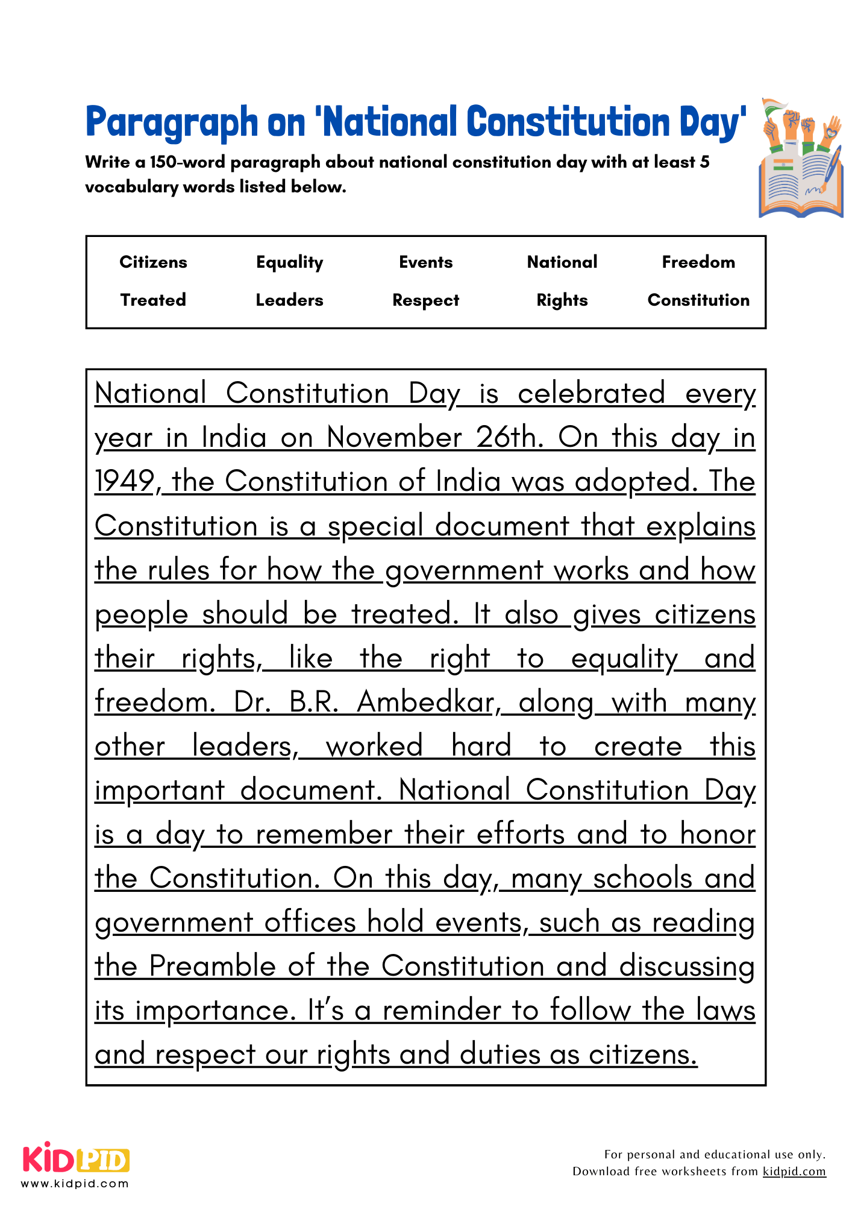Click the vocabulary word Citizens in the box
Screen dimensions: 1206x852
coord(153,262)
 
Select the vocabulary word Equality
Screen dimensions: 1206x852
coord(289,262)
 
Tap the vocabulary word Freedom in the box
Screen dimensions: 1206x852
coord(698,262)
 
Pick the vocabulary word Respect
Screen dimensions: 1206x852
coord(425,300)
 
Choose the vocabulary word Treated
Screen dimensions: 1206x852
coord(153,300)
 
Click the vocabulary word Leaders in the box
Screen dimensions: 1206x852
coord(289,300)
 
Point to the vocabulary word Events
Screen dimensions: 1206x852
coord(425,262)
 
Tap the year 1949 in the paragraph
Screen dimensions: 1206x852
coord(125,482)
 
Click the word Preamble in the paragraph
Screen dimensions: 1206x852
coord(212,967)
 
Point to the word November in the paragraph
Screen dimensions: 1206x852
coord(394,438)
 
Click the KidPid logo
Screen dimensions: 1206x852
coord(76,1159)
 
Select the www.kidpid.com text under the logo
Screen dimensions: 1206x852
coord(75,1184)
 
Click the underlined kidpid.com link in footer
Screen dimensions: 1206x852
coord(794,1172)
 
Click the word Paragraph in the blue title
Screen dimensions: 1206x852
coord(172,123)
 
